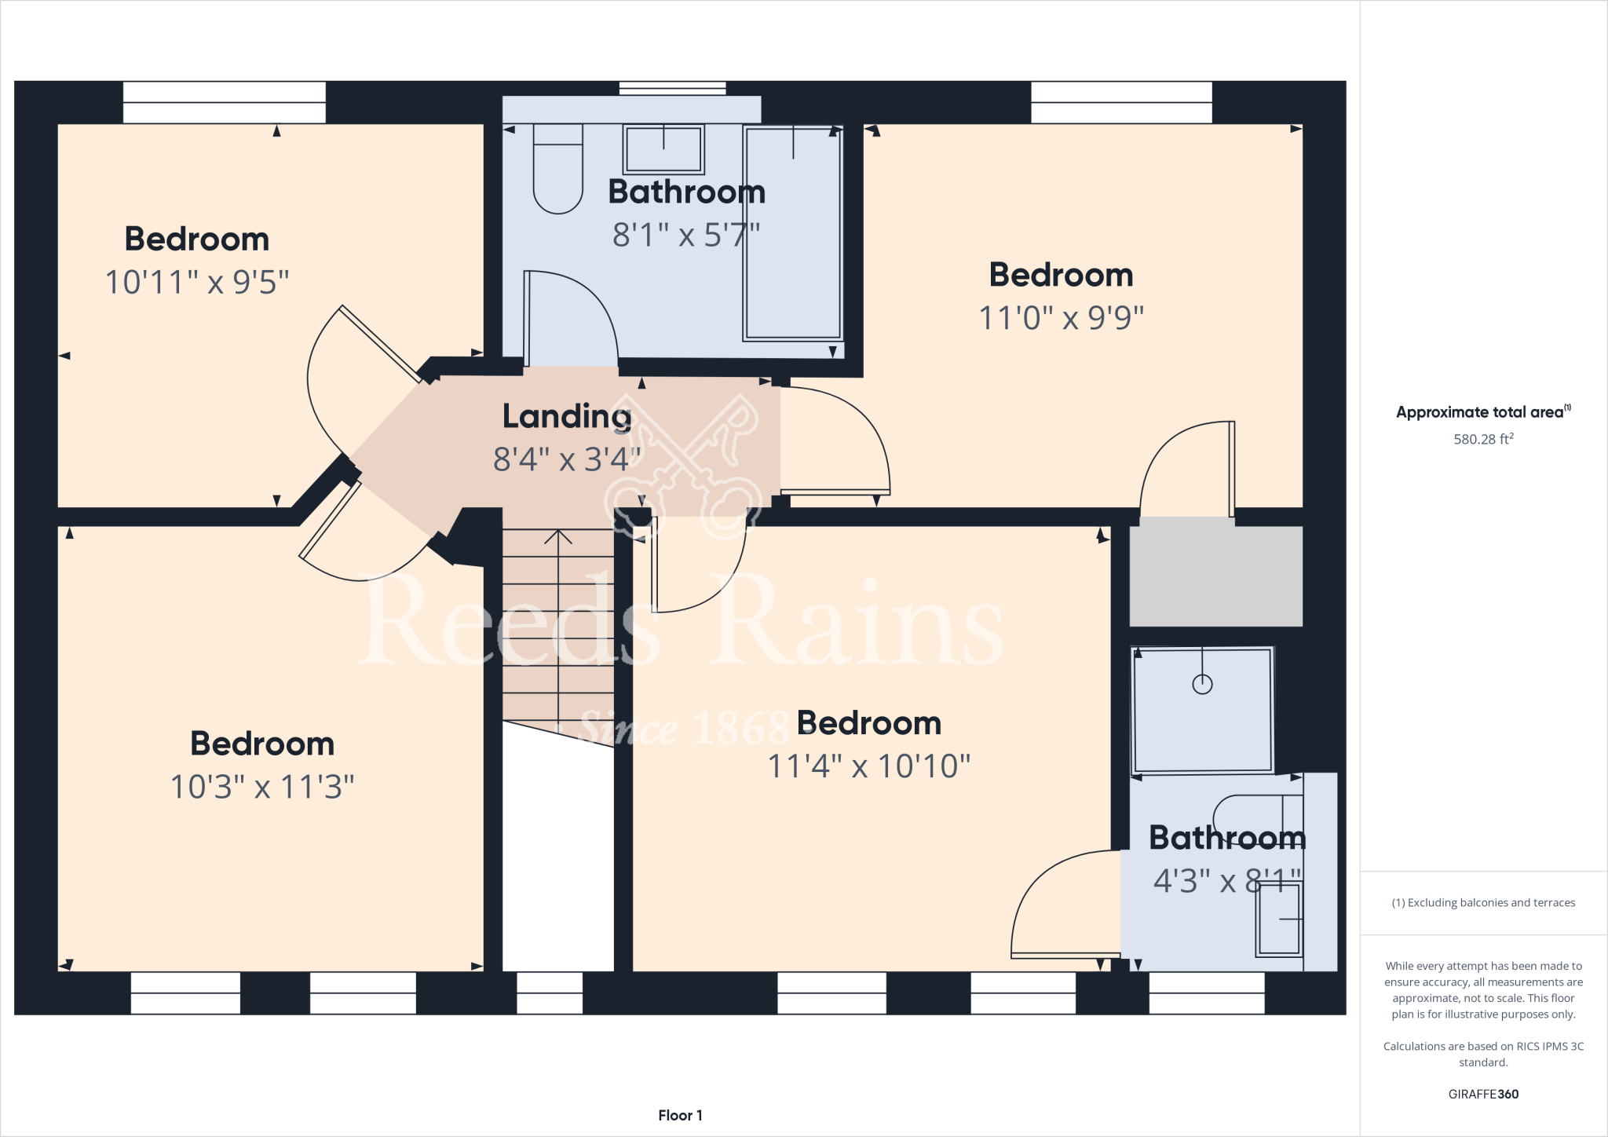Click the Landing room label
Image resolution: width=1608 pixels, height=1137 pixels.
pos(566,416)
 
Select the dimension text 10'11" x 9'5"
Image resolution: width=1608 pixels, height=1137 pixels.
pos(197,282)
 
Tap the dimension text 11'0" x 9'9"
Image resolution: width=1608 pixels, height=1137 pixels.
pos(1061,318)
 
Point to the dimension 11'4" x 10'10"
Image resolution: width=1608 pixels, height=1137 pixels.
pos(868,766)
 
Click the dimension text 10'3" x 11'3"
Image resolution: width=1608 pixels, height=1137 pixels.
pos(262,787)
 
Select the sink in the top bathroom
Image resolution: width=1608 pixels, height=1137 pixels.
pos(663,149)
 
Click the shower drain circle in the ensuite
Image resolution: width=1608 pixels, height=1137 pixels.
pos(1202,685)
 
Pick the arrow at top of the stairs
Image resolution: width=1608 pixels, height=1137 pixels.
pos(558,538)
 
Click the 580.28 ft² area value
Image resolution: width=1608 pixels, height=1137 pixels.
pos(1482,440)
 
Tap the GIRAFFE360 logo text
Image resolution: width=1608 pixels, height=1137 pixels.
pos(1482,1094)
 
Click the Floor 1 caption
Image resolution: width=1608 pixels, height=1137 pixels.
pos(680,1115)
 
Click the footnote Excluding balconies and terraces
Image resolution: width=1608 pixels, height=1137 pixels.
pos(1482,903)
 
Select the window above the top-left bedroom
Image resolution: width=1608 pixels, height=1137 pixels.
pos(224,102)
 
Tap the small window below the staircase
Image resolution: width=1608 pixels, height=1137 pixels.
pos(550,993)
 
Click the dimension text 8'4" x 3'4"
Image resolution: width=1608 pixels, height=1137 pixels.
pos(566,459)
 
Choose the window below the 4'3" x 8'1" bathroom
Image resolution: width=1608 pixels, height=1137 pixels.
pos(1206,993)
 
